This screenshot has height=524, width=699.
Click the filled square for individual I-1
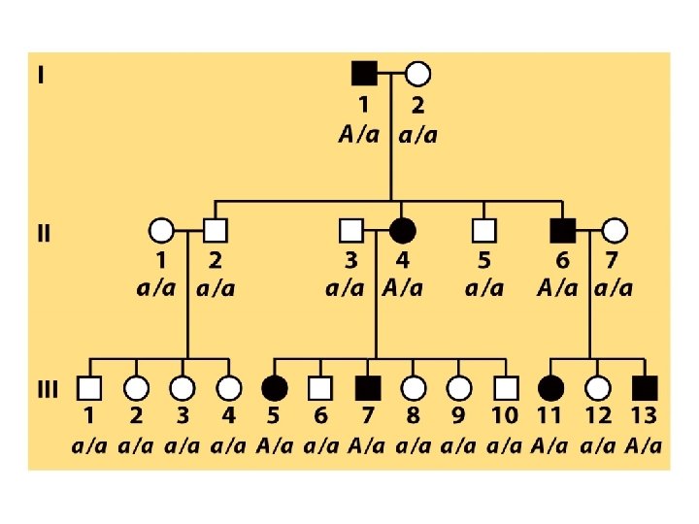(363, 73)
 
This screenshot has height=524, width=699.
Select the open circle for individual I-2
(417, 73)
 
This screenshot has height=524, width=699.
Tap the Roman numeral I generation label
(40, 74)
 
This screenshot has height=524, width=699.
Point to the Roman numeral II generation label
(45, 233)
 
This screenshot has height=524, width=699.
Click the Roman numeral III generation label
(48, 389)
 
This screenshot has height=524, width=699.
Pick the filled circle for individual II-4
(402, 231)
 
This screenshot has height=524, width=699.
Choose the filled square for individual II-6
(561, 231)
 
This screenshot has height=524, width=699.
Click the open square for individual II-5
(483, 231)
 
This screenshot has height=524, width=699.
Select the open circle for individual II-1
(161, 231)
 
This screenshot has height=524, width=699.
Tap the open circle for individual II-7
(615, 231)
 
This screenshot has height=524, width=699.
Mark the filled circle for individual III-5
(274, 388)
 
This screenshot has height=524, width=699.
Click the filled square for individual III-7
(366, 388)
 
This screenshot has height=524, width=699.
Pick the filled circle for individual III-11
(551, 388)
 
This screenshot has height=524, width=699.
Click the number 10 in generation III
(505, 417)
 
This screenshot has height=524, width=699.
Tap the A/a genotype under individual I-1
(359, 135)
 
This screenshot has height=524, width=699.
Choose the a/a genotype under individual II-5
(484, 288)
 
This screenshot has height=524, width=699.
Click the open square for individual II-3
(350, 231)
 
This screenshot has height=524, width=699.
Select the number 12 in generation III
(598, 417)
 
